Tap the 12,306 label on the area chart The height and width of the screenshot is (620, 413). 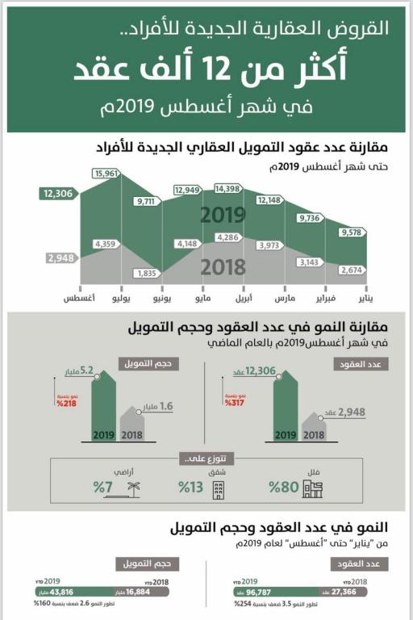pos(58,194)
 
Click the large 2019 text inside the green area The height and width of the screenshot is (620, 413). pos(223,216)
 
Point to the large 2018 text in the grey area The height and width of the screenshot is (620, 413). pos(223,267)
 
